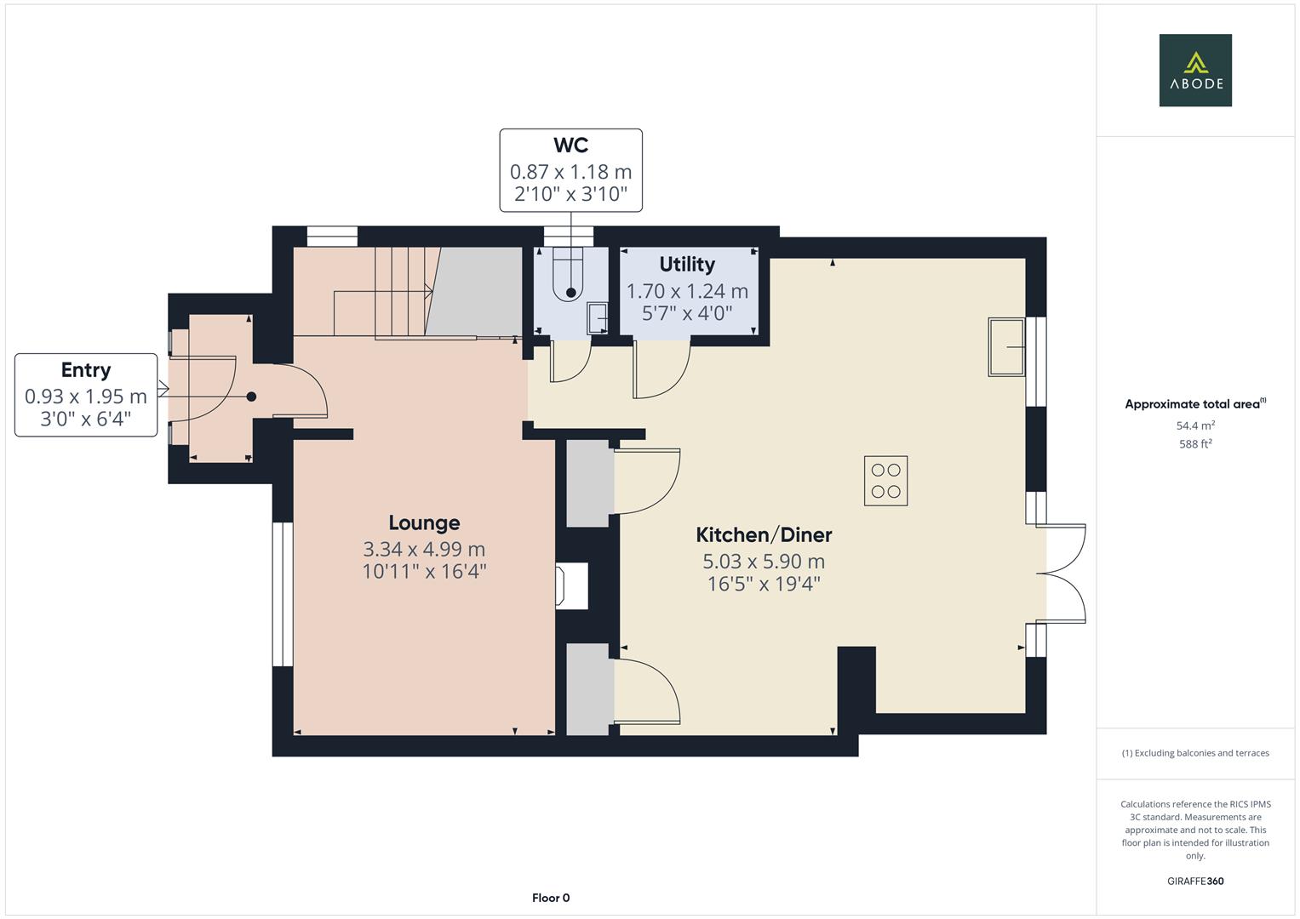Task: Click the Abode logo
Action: [1195, 71]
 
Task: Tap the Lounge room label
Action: [424, 523]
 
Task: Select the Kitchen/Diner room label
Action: [764, 535]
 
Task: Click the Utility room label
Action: [687, 265]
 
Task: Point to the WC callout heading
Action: [570, 146]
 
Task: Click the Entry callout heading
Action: [86, 370]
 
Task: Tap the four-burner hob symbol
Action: [885, 482]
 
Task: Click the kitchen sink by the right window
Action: [1006, 346]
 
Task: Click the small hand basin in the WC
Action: [598, 318]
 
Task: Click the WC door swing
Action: [570, 362]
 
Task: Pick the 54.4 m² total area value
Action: [1195, 425]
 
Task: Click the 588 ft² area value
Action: [1195, 444]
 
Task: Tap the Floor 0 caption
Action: [551, 898]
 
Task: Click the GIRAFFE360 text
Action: [1195, 882]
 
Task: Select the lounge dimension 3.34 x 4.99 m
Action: [424, 550]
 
